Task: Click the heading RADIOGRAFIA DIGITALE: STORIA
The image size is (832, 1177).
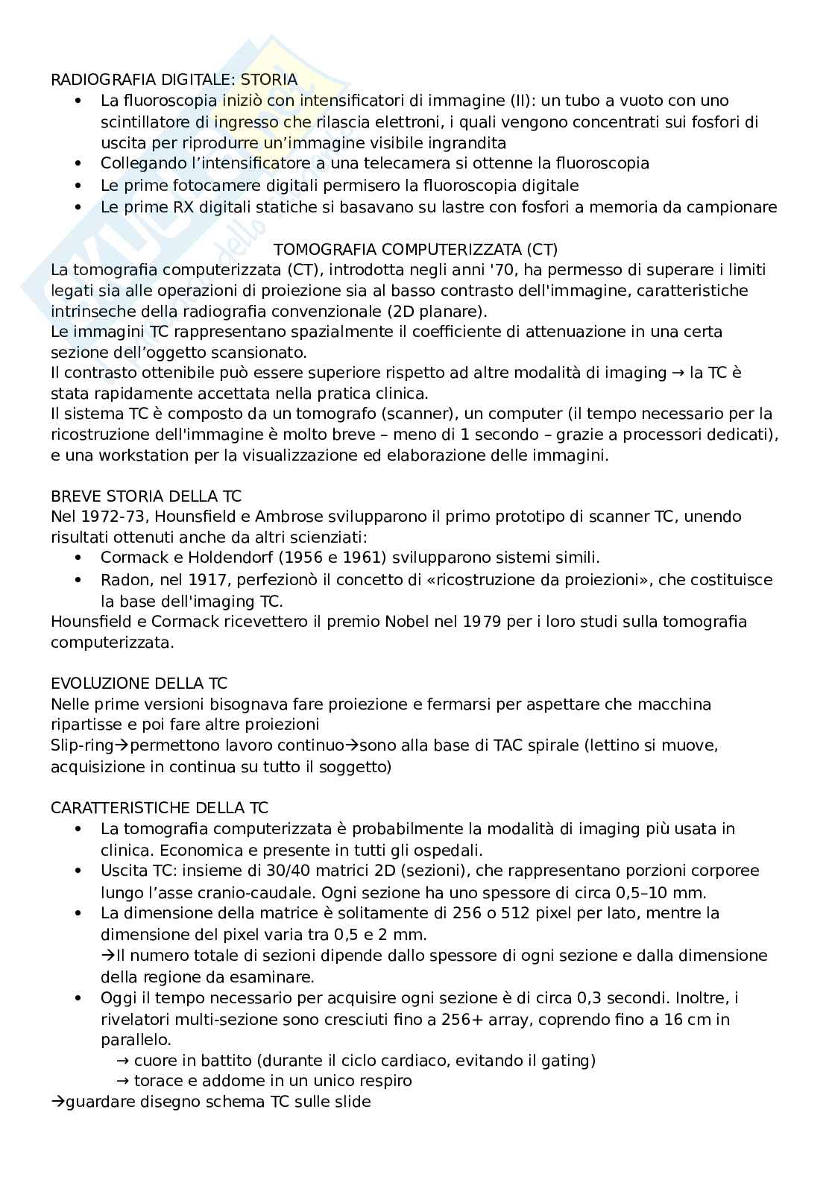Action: [174, 80]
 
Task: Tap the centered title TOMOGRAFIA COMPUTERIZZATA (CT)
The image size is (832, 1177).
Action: [415, 249]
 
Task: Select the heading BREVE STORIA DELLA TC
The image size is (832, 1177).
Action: [146, 496]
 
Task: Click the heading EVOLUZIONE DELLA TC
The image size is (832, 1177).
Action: [139, 683]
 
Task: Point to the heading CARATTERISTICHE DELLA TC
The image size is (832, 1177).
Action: [160, 807]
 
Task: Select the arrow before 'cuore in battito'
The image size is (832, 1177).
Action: [122, 1060]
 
